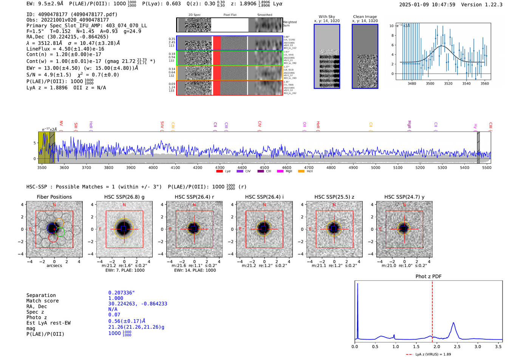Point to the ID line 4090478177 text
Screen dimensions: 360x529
[72, 14]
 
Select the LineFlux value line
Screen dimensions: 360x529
[65, 49]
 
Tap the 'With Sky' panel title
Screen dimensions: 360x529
[326, 17]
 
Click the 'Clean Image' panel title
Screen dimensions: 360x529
[365, 17]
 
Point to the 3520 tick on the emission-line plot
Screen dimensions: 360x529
[448, 83]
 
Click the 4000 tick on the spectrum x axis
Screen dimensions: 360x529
[153, 167]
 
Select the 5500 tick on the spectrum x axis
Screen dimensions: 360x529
[487, 167]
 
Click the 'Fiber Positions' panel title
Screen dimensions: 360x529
[54, 197]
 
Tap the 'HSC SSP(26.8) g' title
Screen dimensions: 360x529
[124, 197]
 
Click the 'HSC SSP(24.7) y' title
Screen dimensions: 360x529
[404, 197]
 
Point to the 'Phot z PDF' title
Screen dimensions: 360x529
[428, 276]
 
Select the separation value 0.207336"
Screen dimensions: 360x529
[121, 293]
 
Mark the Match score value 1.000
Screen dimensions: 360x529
[116, 298]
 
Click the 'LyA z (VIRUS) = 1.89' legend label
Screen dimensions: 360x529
[433, 354]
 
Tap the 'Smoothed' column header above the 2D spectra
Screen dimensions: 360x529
[264, 15]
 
